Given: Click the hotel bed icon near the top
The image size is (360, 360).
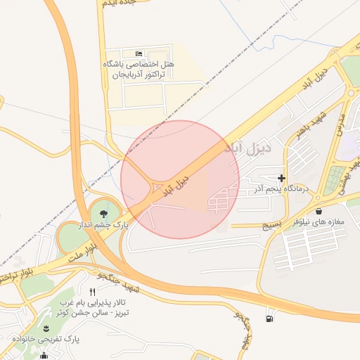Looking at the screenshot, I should point(139,54).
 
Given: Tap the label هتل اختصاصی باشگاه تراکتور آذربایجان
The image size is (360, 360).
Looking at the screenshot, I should point(139,69).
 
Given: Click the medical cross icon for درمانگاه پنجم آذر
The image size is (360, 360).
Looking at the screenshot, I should point(282,179).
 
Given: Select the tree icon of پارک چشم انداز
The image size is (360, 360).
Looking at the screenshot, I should point(105,212).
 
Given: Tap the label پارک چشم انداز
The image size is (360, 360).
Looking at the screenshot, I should point(111,225).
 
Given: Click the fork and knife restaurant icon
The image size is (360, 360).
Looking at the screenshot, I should point(92,291).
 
